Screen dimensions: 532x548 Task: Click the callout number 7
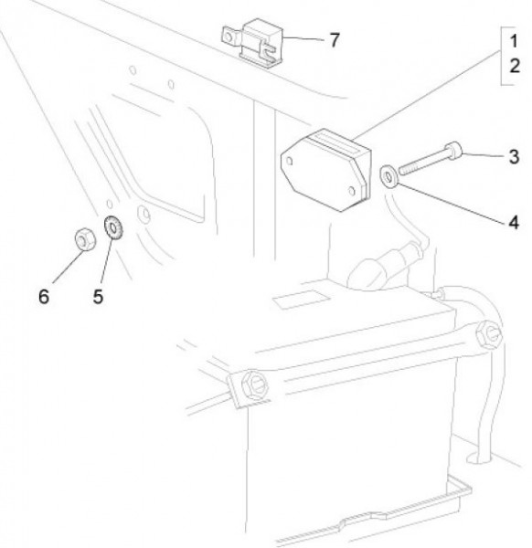[x=335, y=40]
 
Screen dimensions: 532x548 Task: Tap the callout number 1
[x=514, y=41]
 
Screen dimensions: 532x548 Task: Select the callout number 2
[x=514, y=66]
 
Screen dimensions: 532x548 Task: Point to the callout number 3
[x=514, y=156]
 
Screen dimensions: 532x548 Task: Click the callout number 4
[x=514, y=222]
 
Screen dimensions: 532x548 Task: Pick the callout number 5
[x=98, y=297]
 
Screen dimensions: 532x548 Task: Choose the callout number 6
[x=44, y=297]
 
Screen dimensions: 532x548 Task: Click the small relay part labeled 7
[x=252, y=43]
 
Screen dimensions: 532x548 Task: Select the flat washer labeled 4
[x=388, y=175]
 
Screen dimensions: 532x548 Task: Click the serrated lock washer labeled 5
[x=113, y=227]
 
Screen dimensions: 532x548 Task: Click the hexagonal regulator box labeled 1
[x=326, y=170]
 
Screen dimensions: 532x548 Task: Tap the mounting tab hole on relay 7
[x=229, y=37]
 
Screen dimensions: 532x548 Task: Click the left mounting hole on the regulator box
[x=290, y=161]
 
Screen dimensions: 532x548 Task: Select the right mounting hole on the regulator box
[x=352, y=191]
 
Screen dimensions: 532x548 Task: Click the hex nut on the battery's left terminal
[x=255, y=384]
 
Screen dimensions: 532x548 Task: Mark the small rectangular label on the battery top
[x=302, y=300]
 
